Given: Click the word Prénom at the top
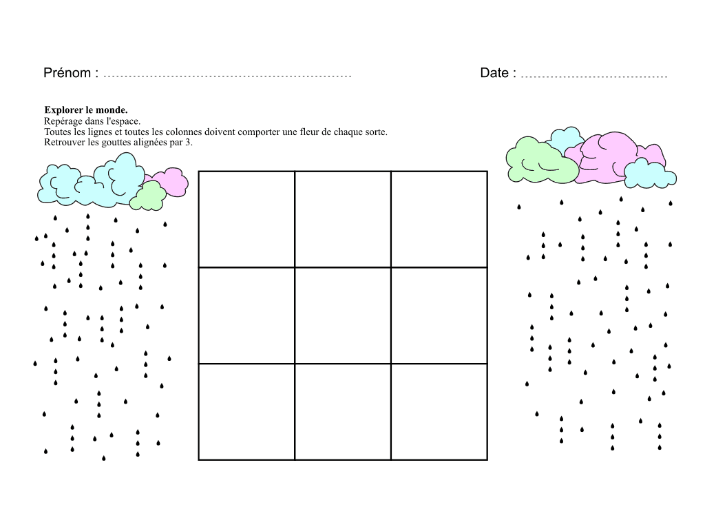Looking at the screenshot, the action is coord(67,73).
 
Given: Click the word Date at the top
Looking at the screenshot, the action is coord(494,73).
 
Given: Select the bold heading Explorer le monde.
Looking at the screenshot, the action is coord(86,110).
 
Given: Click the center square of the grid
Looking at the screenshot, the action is coord(343,315).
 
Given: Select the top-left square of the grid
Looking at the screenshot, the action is coord(247,219).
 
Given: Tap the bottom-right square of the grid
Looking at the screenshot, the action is coord(439,412).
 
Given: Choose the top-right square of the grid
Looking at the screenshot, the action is coord(439,219).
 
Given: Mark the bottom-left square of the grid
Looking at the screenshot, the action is coord(247,412).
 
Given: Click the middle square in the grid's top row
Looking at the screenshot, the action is coord(343,219).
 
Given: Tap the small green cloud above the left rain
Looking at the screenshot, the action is coord(148,196).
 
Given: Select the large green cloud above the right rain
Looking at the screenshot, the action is coord(540,161).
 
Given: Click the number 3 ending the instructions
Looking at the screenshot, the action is coord(188,143).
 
